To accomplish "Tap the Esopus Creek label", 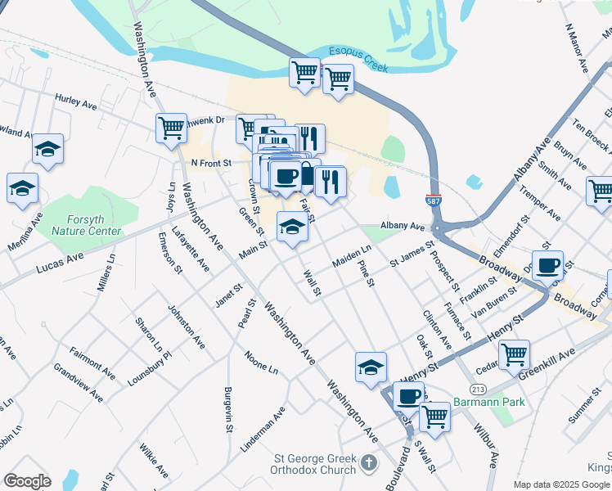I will point(358,52).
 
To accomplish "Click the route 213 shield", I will point(479,386).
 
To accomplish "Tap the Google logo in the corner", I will point(27,481).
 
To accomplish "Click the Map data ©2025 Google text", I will point(560,484).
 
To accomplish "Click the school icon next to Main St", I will point(292,226).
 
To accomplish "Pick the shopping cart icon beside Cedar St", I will point(514,354).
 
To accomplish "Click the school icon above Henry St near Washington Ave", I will point(371,367).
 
